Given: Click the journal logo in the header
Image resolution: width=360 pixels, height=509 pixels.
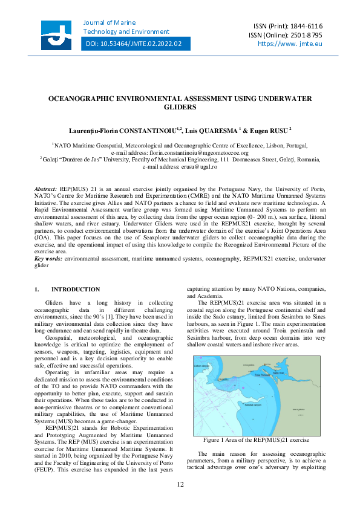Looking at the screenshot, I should pos(60,34).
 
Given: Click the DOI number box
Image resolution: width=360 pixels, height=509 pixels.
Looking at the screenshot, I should pos(134,44).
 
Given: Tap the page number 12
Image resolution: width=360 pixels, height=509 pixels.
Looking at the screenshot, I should pos(180,484).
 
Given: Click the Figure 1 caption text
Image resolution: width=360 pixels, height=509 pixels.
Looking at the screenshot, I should pos(256,439).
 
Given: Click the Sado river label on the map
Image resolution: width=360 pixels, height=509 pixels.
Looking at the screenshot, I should pos(278,373).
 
